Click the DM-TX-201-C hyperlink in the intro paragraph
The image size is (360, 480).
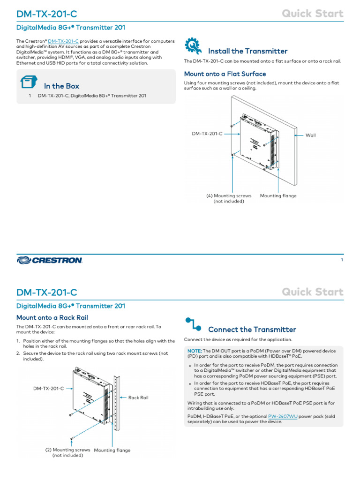click(63, 41)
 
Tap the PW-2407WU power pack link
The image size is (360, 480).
click(283, 416)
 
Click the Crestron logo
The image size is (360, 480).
click(50, 260)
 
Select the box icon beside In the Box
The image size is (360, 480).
click(29, 83)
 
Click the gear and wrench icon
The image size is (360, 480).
click(193, 46)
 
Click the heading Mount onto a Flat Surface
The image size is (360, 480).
click(225, 74)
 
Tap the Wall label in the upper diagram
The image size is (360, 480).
click(311, 135)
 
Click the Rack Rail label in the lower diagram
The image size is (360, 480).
click(138, 397)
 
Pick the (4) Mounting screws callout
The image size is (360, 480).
click(229, 198)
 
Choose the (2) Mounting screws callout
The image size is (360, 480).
click(67, 452)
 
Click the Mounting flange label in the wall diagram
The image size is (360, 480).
click(278, 196)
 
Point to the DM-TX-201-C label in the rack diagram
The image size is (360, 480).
click(48, 389)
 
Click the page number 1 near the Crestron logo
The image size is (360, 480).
click(342, 260)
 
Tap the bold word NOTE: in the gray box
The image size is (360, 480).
click(195, 351)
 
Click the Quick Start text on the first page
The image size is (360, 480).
click(313, 14)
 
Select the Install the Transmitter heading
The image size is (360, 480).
click(247, 51)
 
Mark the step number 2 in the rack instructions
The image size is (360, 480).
click(18, 353)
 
